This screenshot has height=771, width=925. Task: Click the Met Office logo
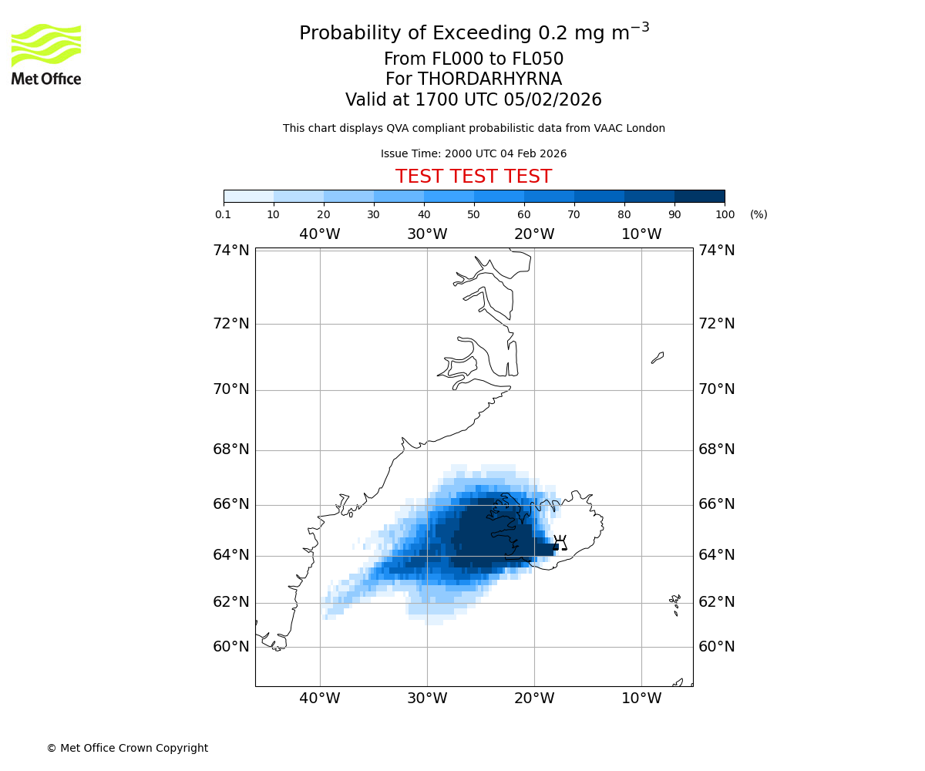[46, 54]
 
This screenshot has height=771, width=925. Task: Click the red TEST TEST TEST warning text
[473, 177]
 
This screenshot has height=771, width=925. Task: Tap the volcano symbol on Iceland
[560, 542]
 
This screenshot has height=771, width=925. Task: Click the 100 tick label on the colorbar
[725, 214]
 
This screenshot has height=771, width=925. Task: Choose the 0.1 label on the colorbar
[224, 214]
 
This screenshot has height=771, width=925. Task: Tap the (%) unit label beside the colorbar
[758, 214]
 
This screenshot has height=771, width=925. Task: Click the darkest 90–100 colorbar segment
[699, 196]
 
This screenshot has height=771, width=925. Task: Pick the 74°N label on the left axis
[231, 250]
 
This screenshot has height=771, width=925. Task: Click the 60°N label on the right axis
[717, 646]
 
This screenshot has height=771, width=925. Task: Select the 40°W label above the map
[320, 234]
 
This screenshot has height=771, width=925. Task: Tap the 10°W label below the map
[641, 698]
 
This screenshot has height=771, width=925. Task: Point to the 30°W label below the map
[427, 698]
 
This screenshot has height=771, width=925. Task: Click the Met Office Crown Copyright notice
[127, 748]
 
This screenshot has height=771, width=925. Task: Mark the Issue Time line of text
[473, 153]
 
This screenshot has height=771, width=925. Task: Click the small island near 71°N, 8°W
[658, 357]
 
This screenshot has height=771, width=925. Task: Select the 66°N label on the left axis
[231, 503]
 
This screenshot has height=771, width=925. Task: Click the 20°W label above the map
[534, 234]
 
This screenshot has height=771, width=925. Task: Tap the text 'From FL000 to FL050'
[473, 59]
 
